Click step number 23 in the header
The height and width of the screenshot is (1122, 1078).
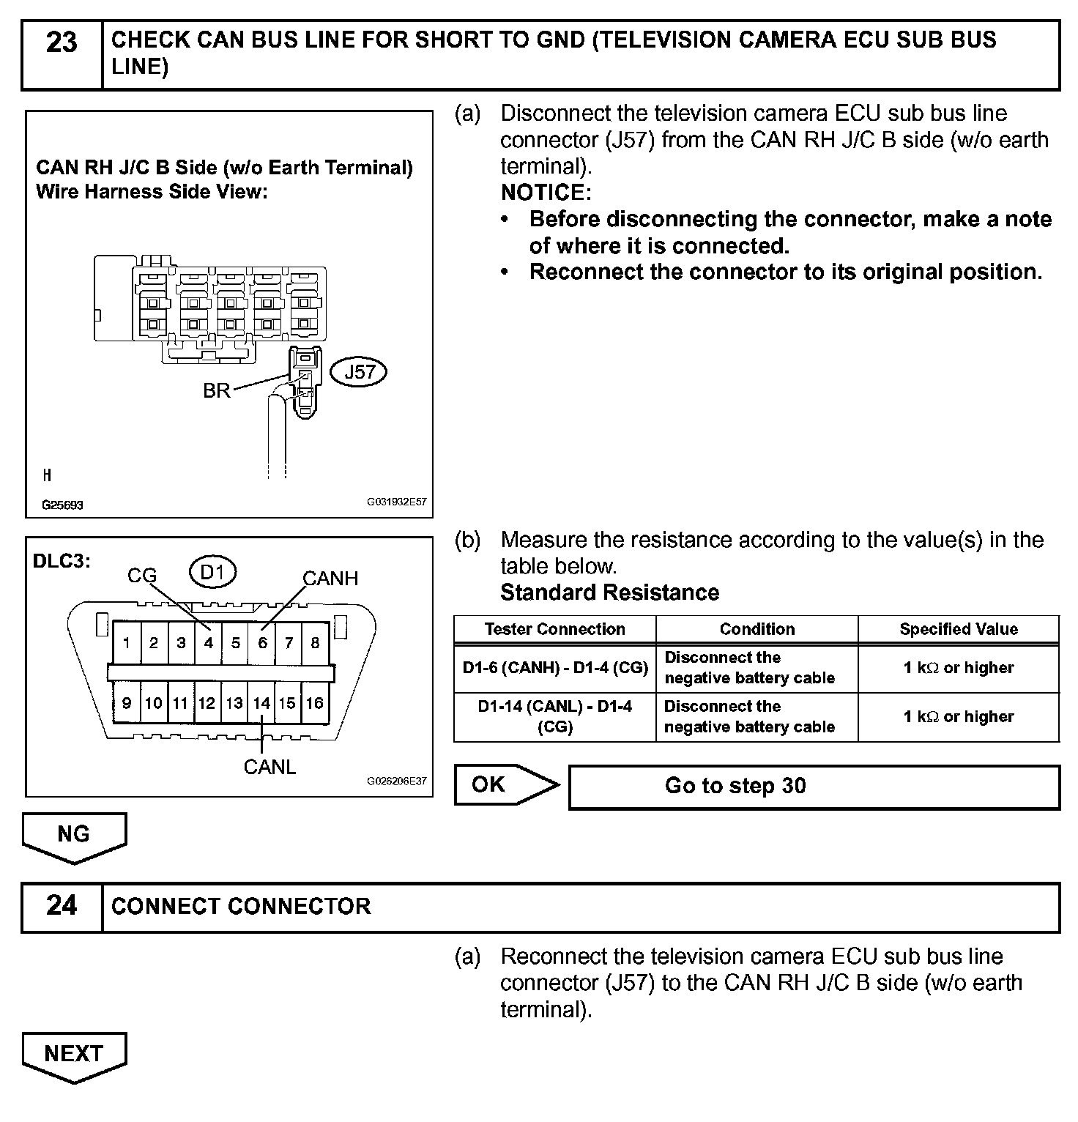62,43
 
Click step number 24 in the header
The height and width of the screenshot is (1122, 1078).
62,906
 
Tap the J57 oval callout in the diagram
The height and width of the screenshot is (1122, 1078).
359,372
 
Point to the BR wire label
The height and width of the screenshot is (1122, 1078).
216,391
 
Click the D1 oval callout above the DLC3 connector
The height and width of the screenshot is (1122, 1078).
212,572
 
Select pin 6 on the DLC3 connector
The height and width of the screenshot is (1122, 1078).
262,643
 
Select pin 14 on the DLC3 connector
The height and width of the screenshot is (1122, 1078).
261,703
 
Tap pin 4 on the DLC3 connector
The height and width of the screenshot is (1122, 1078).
208,643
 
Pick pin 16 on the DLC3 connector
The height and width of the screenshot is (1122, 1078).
315,703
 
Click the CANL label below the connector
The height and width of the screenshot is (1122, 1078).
269,767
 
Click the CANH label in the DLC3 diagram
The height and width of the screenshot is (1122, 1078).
330,579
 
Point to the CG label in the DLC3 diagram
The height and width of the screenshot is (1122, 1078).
142,576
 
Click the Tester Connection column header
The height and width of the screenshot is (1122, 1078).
555,629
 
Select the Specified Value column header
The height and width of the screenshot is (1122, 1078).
959,629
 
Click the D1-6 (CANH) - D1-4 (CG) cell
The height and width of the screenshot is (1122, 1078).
555,668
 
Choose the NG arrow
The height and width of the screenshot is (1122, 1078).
74,835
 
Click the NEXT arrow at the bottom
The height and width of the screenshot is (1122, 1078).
74,1055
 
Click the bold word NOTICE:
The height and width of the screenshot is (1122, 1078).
546,193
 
